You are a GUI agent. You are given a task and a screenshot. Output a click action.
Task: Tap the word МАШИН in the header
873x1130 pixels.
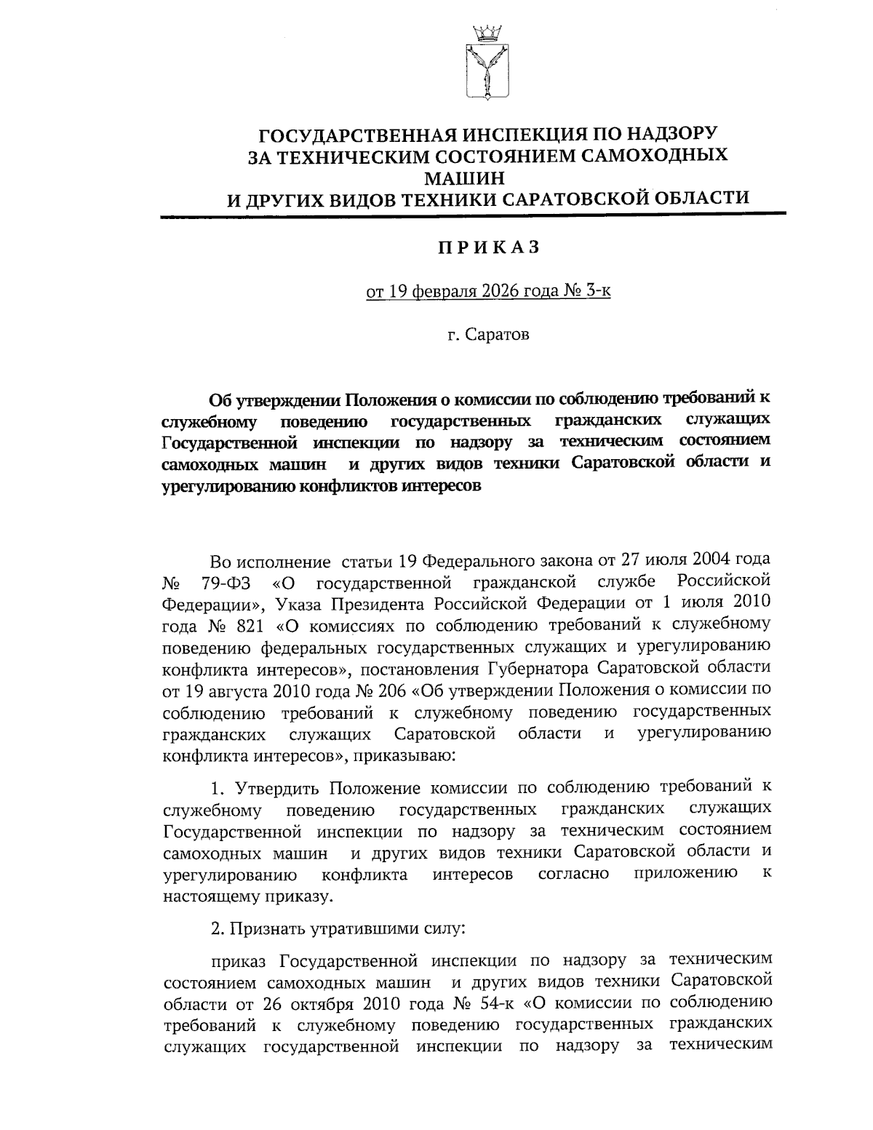click(x=487, y=176)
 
